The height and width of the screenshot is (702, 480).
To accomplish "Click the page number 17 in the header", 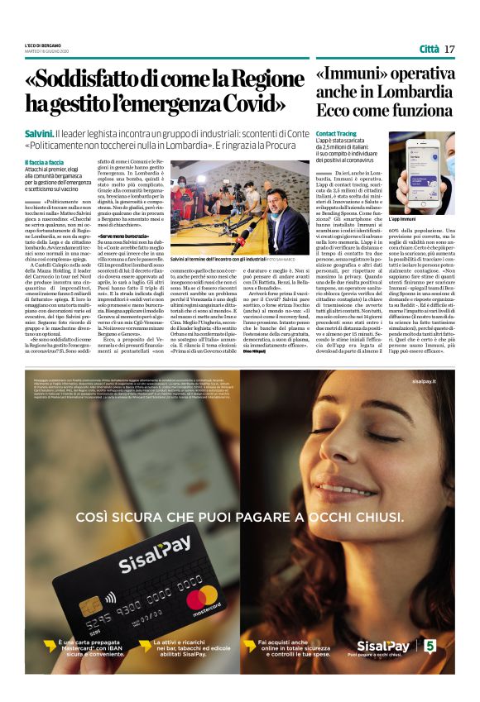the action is click(x=449, y=49).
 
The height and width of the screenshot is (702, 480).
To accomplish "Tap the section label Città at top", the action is click(x=429, y=49).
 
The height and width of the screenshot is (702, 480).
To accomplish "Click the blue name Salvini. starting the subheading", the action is click(x=39, y=133).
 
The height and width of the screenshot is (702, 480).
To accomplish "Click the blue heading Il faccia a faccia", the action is click(x=44, y=162).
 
